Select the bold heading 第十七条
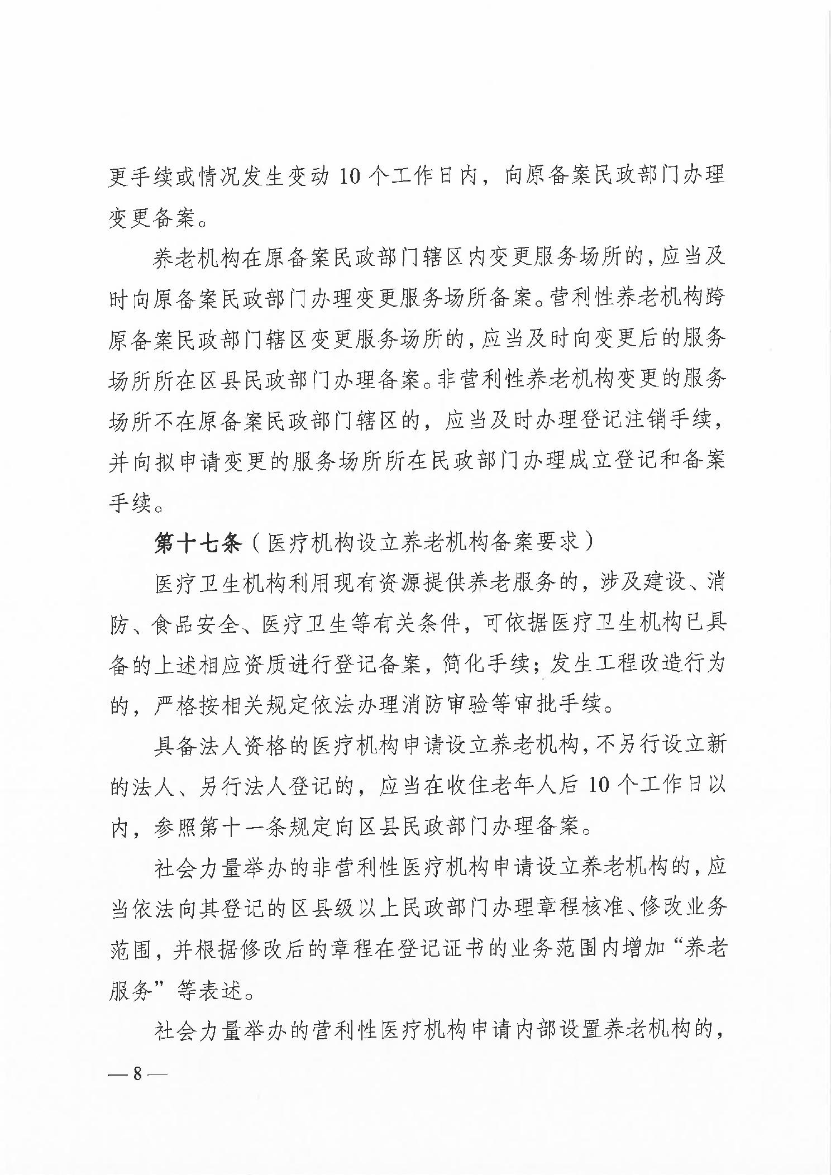pos(197,543)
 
